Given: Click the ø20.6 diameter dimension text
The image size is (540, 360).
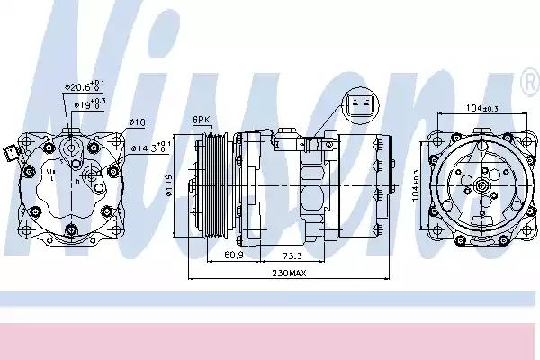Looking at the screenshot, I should click(80, 86).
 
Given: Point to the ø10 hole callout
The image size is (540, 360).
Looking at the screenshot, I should click(137, 121).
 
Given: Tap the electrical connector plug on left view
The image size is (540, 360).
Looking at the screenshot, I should click(10, 152).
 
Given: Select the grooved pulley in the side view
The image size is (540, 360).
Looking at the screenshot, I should click(211, 187).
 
